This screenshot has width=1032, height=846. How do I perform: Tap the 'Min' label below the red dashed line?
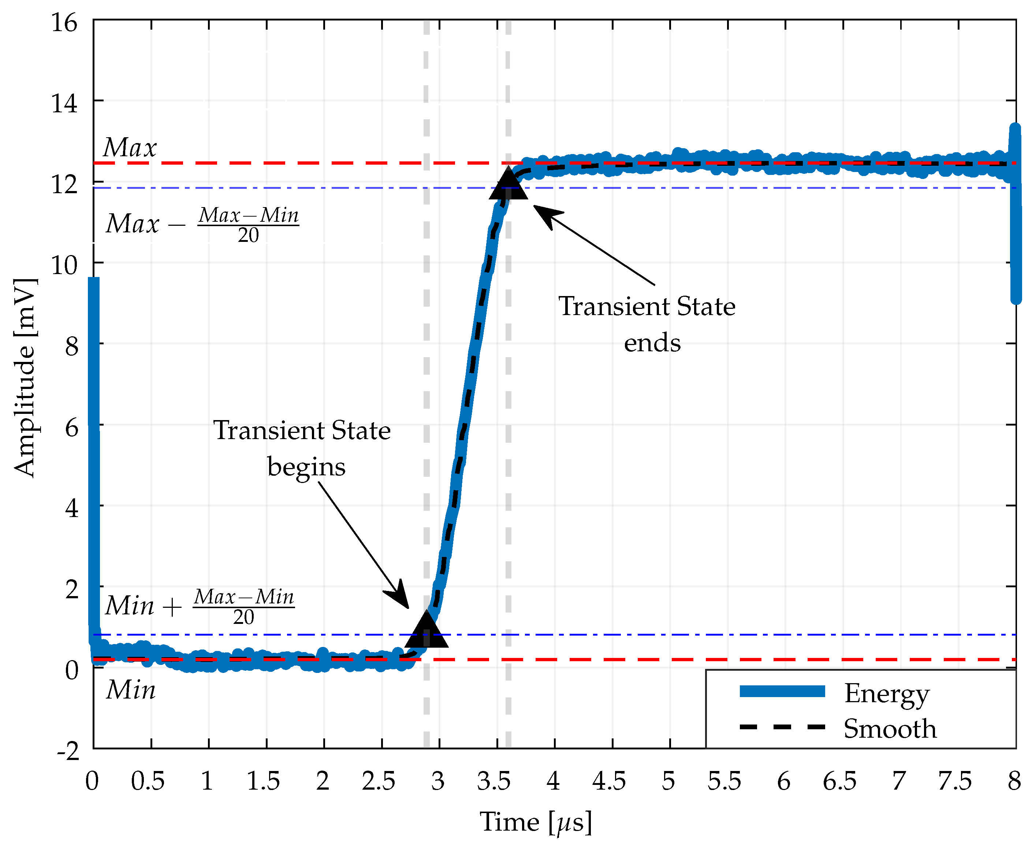[x=131, y=690]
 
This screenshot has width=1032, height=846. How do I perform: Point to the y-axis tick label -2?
[x=68, y=751]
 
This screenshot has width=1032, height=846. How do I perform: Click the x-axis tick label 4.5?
[x=608, y=782]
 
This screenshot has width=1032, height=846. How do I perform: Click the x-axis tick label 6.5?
[x=839, y=782]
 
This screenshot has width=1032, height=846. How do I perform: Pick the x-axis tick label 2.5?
[x=378, y=782]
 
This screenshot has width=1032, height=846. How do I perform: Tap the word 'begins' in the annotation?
[x=306, y=467]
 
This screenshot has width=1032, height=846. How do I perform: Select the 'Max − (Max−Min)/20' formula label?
[x=202, y=224]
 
